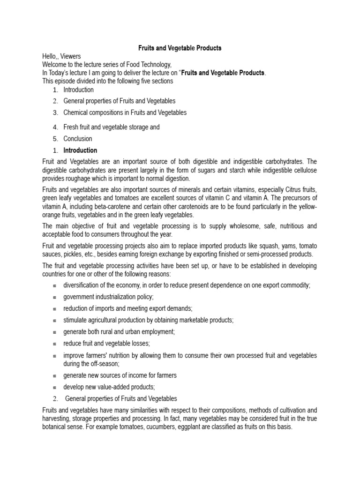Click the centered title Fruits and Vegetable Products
pos(180,48)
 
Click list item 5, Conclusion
pos(78,139)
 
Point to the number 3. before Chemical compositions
pos(55,112)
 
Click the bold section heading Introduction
pos(80,150)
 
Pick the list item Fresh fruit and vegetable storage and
pos(112,127)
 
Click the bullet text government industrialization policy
pos(108,297)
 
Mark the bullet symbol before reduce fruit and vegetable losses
pos(54,343)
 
